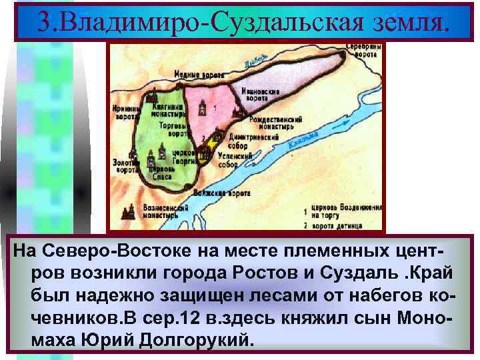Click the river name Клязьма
click(x=302, y=140)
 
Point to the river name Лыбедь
click(x=256, y=60)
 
